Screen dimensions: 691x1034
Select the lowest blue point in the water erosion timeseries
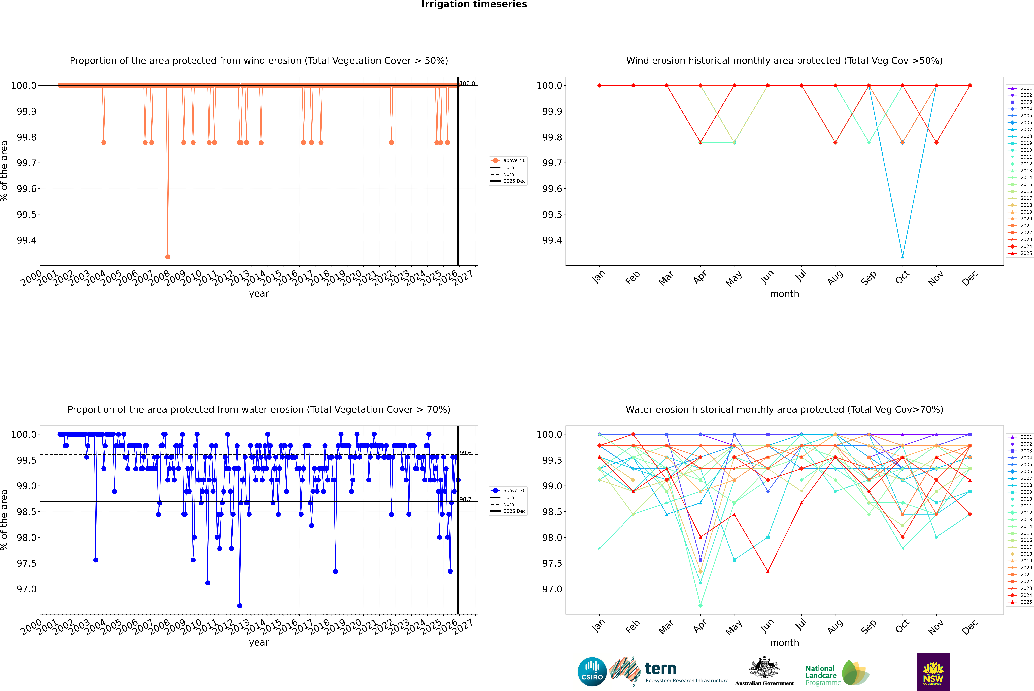[239, 605]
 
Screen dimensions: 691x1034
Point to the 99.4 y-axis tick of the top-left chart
[26, 240]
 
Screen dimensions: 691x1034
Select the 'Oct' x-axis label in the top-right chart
[902, 278]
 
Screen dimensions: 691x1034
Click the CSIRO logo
[592, 672]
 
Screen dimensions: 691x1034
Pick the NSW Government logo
[933, 672]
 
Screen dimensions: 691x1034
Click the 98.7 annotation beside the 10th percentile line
[465, 499]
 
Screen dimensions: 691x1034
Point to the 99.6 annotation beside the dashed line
[465, 453]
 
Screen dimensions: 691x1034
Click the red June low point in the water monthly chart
[768, 572]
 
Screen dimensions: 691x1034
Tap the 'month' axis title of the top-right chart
[784, 294]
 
